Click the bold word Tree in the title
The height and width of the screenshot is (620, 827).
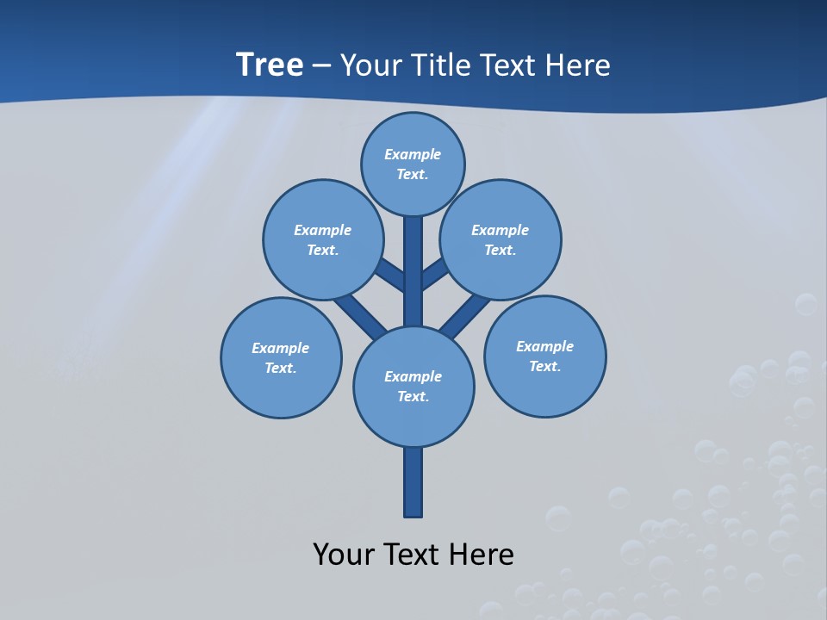click(x=270, y=65)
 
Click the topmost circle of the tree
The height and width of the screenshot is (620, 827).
click(x=413, y=164)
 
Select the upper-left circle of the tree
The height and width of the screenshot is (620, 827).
click(x=323, y=239)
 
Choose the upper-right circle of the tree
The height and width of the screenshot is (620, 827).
click(x=501, y=239)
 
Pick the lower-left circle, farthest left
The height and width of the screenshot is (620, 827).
click(x=281, y=357)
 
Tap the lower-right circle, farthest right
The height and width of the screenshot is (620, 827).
click(x=544, y=356)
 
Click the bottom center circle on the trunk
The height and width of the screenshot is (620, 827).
click(x=413, y=386)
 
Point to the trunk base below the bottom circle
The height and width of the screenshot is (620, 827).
click(x=413, y=482)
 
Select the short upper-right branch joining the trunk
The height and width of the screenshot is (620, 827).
click(x=434, y=275)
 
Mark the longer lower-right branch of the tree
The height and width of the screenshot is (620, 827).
click(x=465, y=317)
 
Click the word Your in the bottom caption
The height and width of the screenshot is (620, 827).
click(x=343, y=554)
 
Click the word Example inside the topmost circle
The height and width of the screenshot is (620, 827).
click(x=413, y=154)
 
